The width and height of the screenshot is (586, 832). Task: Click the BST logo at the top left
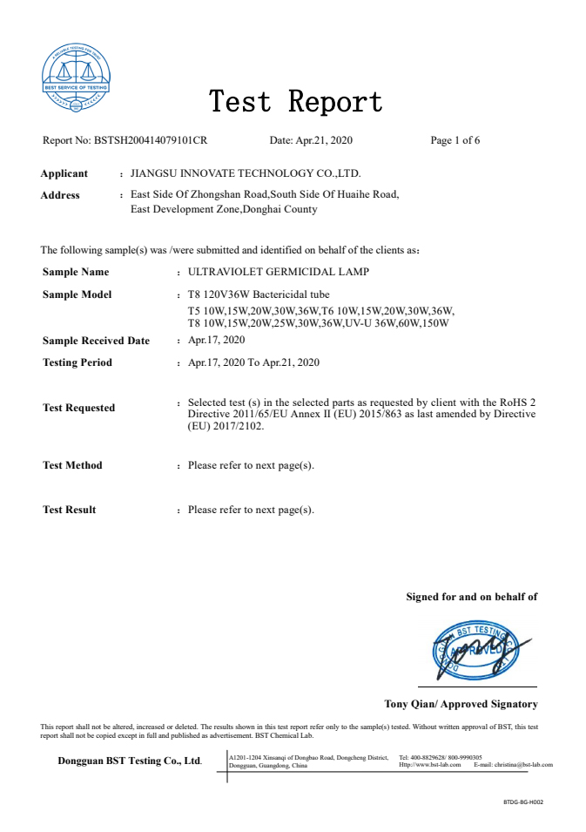point(77,77)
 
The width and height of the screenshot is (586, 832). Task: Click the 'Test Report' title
point(295,101)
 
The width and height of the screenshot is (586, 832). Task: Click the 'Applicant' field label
point(64,173)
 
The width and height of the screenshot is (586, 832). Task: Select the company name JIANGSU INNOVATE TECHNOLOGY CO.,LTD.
point(245,173)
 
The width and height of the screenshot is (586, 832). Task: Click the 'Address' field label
point(60,195)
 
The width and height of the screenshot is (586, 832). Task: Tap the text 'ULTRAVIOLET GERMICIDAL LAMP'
point(279,272)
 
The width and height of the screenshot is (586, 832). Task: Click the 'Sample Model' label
point(77,294)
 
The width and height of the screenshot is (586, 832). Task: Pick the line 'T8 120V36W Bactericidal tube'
point(259,294)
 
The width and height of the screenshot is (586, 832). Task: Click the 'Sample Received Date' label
point(96,341)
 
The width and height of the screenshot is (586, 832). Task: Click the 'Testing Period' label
point(77,362)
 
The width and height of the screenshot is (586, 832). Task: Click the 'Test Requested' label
point(78,408)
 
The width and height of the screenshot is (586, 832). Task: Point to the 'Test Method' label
point(72,465)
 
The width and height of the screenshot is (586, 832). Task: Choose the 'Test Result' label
point(70,510)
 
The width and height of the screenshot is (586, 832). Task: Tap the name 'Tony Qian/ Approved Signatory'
point(461,704)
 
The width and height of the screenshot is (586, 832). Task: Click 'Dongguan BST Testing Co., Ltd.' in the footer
point(130,761)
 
